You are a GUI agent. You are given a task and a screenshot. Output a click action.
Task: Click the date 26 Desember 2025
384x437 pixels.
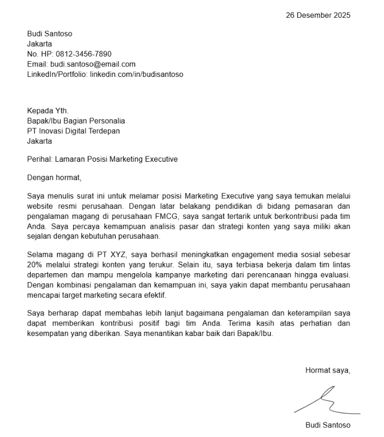(318, 15)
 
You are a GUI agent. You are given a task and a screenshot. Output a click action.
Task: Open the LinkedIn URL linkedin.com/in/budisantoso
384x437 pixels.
(137, 74)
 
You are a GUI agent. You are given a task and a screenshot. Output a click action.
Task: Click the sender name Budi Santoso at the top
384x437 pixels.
(50, 33)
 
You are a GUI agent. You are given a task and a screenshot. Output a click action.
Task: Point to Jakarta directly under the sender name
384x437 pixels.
(39, 44)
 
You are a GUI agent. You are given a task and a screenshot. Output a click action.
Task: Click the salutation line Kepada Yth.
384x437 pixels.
(48, 110)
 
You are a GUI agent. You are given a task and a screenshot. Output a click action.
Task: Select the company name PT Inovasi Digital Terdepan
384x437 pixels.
(73, 131)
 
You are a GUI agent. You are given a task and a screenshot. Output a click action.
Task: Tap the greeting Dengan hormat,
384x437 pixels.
(54, 177)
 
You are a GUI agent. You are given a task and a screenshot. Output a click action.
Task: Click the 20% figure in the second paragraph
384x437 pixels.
(35, 265)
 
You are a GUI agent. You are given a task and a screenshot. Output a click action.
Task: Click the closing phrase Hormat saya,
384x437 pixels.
(327, 371)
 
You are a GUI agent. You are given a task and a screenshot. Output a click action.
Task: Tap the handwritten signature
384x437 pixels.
(327, 401)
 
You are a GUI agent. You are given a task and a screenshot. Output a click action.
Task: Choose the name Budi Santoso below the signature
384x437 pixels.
(327, 425)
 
